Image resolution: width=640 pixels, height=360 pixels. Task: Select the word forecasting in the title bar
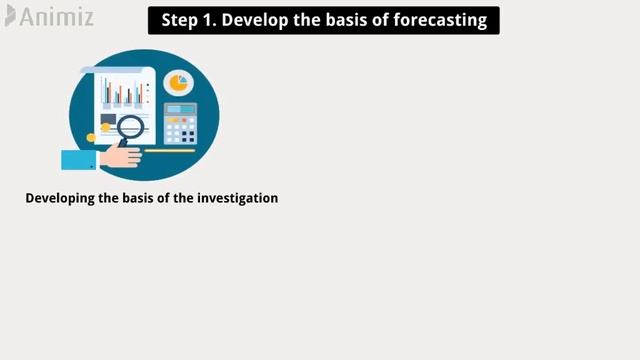point(439,21)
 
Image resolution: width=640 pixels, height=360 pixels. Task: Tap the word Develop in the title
point(250,21)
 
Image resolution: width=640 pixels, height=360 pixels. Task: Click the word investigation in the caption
point(237,198)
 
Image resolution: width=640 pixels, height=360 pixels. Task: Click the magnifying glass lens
point(131,127)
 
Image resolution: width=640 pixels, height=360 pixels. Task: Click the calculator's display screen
point(180,110)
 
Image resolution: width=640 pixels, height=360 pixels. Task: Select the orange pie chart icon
point(179,82)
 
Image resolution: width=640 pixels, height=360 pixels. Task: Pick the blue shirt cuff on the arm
point(79,159)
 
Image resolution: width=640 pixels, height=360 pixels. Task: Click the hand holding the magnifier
point(121,155)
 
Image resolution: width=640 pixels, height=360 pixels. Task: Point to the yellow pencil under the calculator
point(170,151)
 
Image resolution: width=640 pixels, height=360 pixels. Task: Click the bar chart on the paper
point(123,93)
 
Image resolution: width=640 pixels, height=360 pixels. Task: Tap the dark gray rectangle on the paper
point(107,120)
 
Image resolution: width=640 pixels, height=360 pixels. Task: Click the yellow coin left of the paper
point(91,138)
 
